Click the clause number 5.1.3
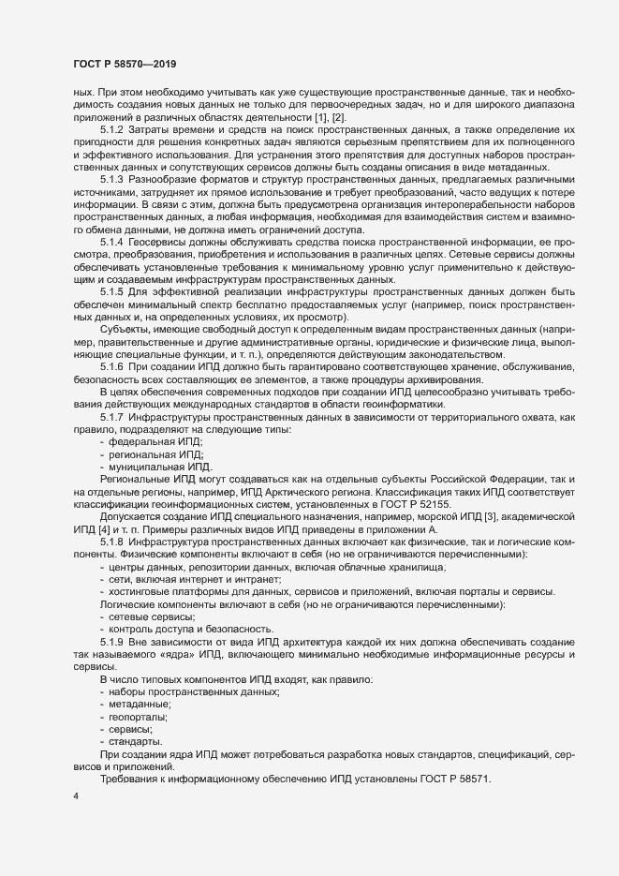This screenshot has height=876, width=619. pyautogui.click(x=114, y=202)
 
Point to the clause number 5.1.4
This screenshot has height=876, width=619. pyautogui.click(x=114, y=267)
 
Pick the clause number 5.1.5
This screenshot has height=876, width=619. pyautogui.click(x=114, y=319)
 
